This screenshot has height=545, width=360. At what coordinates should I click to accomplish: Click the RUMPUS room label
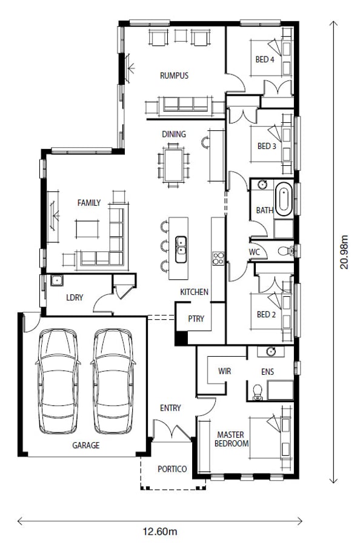pos(174,76)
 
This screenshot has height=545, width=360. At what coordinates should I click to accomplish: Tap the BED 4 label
pos(265,59)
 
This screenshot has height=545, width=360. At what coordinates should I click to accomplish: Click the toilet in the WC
pos(286,250)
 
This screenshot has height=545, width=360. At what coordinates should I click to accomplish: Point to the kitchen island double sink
pos(181,249)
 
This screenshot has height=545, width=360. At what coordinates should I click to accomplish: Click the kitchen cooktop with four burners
pos(218,258)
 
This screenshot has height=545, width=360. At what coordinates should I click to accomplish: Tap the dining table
pos(173,165)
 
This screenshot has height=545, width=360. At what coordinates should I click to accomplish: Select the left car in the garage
pos(58,381)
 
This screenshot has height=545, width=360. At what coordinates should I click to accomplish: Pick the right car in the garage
pos(113,381)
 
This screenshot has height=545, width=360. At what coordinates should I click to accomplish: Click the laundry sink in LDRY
pos(57,280)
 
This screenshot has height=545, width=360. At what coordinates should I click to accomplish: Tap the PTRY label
pos(196,319)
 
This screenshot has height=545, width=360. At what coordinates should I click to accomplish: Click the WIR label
pos(224,371)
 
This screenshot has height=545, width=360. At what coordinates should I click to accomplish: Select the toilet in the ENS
pos(258,392)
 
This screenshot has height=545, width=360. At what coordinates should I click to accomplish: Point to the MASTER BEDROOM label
pos(232,439)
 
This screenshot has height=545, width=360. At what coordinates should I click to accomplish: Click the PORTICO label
pos(172,469)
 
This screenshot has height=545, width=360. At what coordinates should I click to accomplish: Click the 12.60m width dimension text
pos(160,532)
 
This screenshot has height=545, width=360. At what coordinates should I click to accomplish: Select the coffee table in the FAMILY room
pos(87,229)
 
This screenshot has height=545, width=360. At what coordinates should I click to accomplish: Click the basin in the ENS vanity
pos(271,351)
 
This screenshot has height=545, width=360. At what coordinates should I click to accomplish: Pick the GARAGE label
pos(86,445)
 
